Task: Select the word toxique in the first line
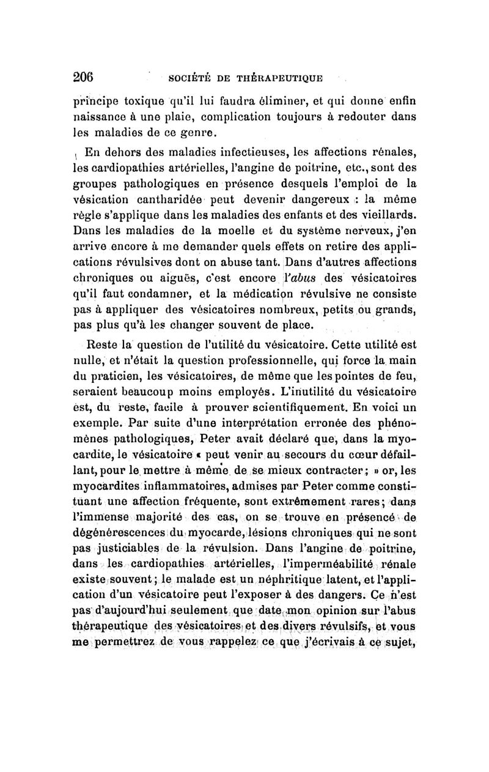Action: (135, 100)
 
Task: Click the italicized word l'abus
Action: (298, 275)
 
